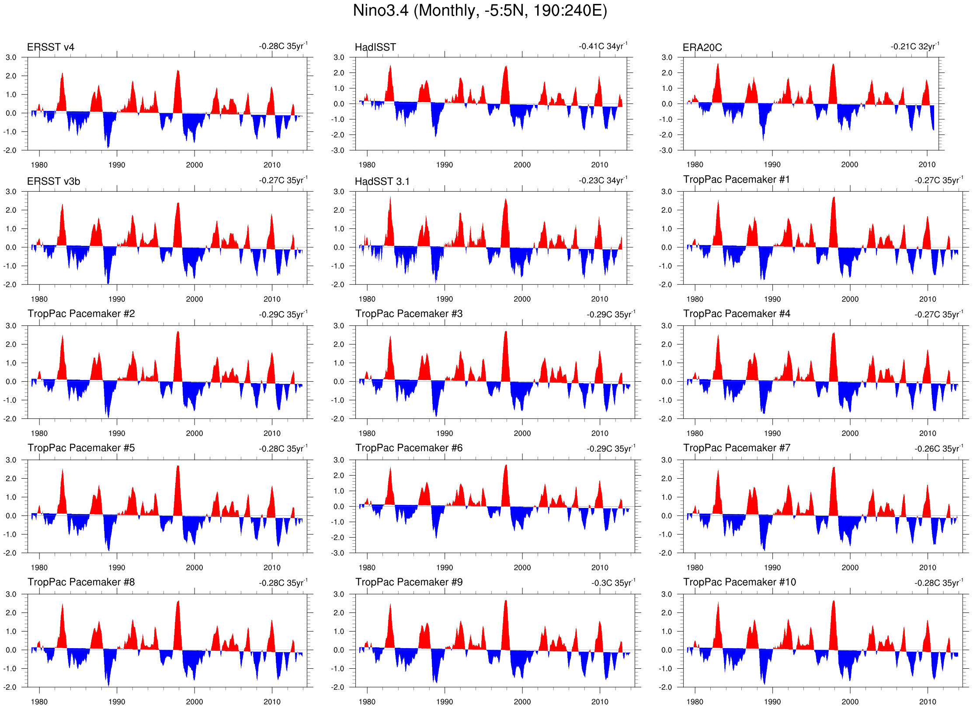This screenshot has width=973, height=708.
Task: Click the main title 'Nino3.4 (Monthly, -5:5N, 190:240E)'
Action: [480, 10]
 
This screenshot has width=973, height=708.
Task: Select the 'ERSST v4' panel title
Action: [51, 47]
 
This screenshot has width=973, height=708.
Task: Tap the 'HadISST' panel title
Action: [375, 47]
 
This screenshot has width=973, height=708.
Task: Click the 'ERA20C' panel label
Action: [702, 48]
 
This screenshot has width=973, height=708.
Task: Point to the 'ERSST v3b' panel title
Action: [53, 181]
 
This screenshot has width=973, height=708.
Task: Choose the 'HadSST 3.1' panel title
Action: [382, 181]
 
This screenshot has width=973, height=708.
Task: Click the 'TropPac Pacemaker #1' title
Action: [737, 180]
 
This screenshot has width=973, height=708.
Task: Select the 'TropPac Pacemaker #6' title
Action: [409, 448]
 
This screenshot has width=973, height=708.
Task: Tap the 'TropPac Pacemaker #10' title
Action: [740, 582]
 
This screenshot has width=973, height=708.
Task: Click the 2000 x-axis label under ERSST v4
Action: [195, 165]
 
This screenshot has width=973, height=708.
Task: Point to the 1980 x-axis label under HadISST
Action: [367, 165]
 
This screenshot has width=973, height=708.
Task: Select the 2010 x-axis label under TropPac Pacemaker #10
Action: [928, 701]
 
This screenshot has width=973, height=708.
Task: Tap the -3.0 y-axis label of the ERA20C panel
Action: [666, 150]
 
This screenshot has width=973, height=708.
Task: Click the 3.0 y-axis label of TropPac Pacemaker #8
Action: [11, 594]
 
